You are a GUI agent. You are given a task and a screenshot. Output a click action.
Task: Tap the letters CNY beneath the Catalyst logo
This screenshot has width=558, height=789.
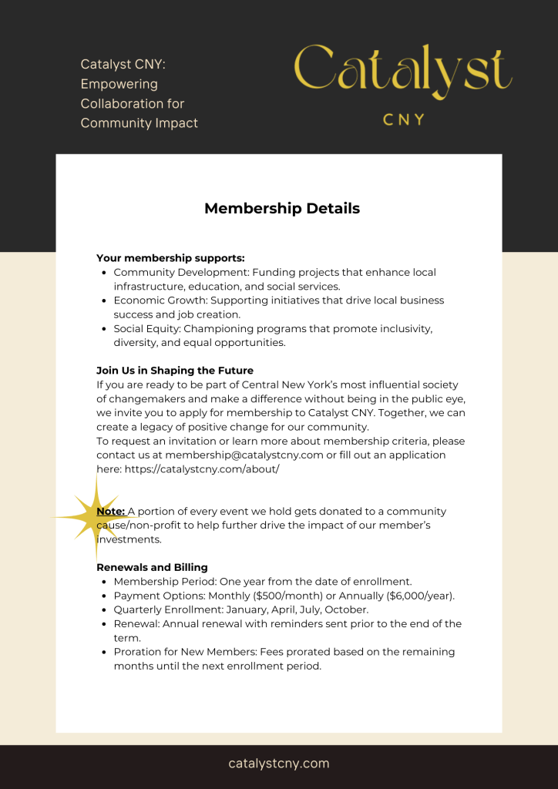tap(404, 119)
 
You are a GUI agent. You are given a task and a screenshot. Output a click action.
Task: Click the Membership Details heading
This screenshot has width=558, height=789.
tap(282, 208)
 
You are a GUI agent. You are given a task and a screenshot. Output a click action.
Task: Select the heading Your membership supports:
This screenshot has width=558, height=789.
tap(170, 258)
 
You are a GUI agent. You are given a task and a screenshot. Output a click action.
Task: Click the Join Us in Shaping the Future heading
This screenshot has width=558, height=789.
tap(175, 371)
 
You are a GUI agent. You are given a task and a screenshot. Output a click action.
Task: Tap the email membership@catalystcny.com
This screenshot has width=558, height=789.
tap(244, 455)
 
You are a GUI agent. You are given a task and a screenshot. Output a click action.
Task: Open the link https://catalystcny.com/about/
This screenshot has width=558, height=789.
tap(202, 469)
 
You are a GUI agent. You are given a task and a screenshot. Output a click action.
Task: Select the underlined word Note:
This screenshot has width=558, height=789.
tap(110, 512)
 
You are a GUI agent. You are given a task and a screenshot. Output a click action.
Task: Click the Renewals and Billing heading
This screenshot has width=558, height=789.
tap(152, 568)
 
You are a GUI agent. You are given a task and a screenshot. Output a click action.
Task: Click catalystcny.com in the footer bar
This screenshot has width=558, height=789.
tap(279, 764)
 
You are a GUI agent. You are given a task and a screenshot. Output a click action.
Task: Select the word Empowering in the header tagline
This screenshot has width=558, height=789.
tap(119, 84)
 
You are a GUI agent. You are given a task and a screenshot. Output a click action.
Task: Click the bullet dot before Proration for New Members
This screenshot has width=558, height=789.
tap(104, 652)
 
